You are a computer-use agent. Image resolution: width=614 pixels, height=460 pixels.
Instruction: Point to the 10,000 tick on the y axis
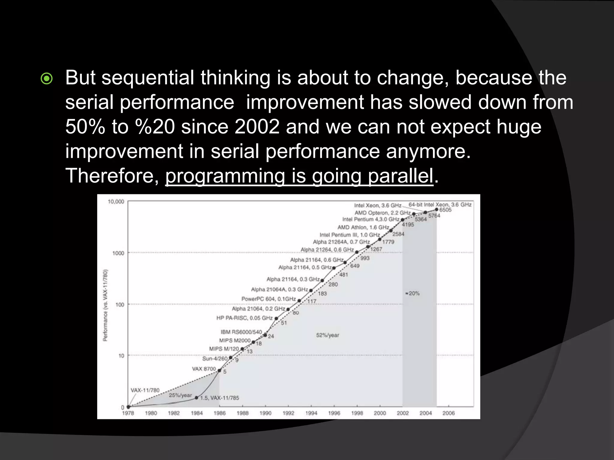pyautogui.click(x=116, y=202)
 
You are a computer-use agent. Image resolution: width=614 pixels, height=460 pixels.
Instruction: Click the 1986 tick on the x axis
pyautogui.click(x=219, y=413)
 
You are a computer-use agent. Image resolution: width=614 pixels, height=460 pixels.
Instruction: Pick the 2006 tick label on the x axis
pyautogui.click(x=449, y=413)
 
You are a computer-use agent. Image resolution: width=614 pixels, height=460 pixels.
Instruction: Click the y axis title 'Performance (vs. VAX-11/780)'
pyautogui.click(x=106, y=305)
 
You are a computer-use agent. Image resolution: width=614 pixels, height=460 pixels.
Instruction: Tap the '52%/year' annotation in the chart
pyautogui.click(x=327, y=335)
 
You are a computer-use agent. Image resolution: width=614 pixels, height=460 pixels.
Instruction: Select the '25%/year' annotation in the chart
pyautogui.click(x=180, y=395)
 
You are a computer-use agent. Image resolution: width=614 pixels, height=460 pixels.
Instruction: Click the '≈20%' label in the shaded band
pyautogui.click(x=413, y=293)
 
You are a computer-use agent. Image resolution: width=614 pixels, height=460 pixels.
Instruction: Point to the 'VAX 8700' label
pyautogui.click(x=204, y=369)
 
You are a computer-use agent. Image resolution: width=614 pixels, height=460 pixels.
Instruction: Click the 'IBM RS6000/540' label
pyautogui.click(x=241, y=332)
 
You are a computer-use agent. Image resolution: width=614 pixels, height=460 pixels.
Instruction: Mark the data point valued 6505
pyautogui.click(x=437, y=210)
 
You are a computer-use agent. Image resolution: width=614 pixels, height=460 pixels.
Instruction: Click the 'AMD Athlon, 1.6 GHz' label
pyautogui.click(x=363, y=227)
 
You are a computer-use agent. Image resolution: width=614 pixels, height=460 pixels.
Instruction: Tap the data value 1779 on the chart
pyautogui.click(x=388, y=242)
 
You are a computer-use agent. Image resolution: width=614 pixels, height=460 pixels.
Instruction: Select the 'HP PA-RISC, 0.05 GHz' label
pyautogui.click(x=244, y=318)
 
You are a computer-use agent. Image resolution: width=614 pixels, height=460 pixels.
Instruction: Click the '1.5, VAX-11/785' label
pyautogui.click(x=219, y=398)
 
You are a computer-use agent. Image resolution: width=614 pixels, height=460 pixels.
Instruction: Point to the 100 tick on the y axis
pyautogui.click(x=120, y=305)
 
